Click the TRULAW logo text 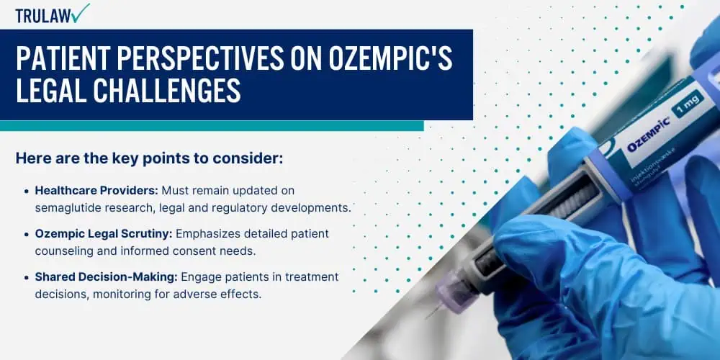coord(44,16)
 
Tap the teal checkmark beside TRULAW coord(81,13)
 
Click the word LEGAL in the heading coord(51,91)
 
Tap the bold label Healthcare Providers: coord(97,190)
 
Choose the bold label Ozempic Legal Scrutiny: coord(104,234)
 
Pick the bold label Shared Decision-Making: coord(107,277)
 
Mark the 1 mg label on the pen coord(686,104)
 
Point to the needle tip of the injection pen coord(428,318)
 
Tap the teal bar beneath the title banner coord(212,126)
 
